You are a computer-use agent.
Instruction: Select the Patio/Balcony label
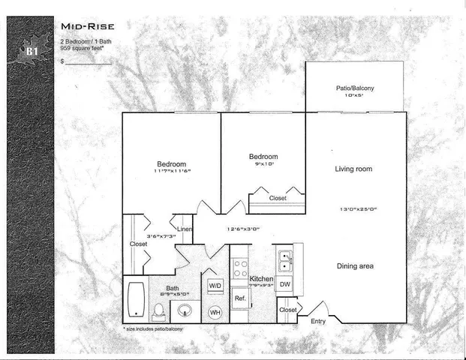tap(354, 88)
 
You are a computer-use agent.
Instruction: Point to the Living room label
tap(353, 169)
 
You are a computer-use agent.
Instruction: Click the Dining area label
tap(354, 266)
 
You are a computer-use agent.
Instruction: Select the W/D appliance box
tap(215, 286)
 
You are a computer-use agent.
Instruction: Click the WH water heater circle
tap(215, 311)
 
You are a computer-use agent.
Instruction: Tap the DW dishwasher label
tap(284, 284)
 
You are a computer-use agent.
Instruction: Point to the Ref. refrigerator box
tap(240, 298)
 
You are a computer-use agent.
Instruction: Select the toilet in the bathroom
tap(159, 309)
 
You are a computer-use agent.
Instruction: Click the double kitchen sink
tap(284, 260)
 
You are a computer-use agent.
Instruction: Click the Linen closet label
tap(184, 229)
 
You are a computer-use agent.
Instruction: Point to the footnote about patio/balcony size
tap(152, 328)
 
